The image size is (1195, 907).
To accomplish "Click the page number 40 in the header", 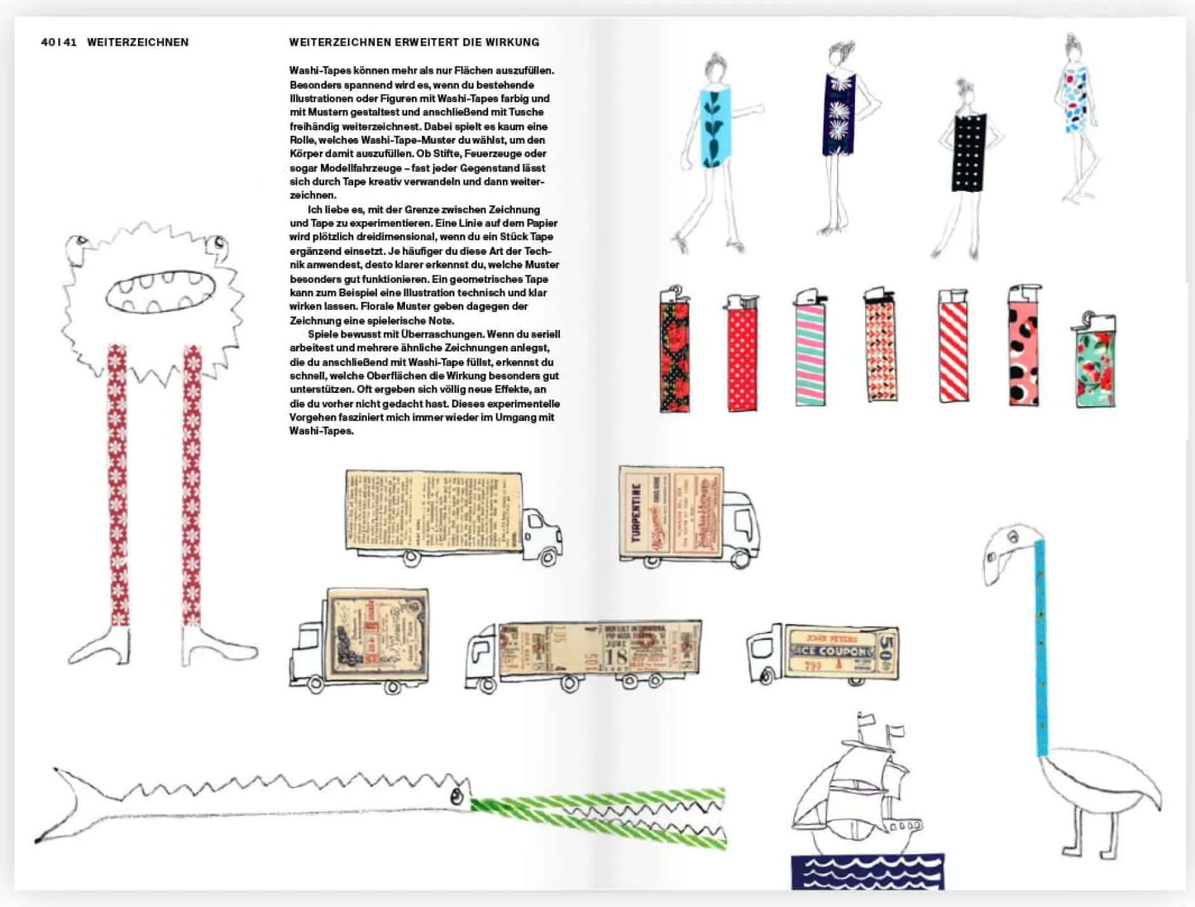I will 48,43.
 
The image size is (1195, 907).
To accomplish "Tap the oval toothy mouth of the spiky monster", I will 160,292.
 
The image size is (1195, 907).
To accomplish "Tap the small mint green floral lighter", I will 1095,369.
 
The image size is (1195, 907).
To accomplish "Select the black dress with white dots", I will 969,153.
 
